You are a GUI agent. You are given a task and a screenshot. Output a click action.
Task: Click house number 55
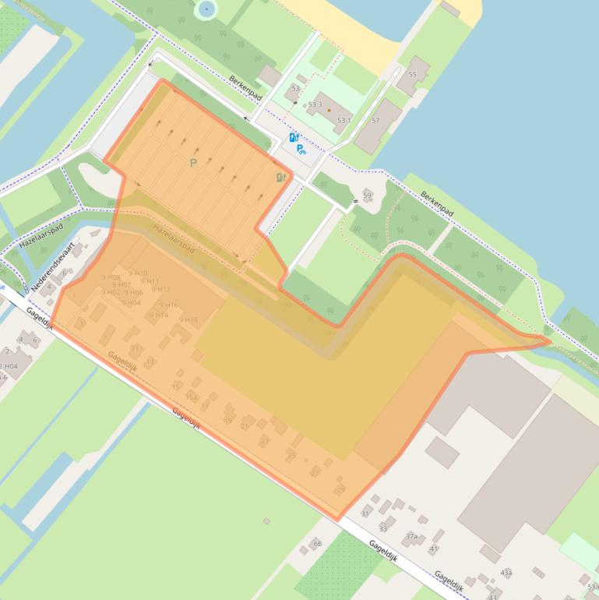tap(412, 75)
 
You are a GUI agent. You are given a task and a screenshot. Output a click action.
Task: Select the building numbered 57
tap(375, 121)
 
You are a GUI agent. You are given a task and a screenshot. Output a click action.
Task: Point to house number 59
tap(367, 195)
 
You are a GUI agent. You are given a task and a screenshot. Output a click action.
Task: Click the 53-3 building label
tap(315, 104)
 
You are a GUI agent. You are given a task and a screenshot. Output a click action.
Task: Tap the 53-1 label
tap(344, 120)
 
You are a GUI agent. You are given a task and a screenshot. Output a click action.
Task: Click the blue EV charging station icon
tap(294, 137)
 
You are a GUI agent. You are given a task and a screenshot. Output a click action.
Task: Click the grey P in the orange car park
tap(193, 163)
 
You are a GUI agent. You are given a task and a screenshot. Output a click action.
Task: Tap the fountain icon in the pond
tap(206, 9)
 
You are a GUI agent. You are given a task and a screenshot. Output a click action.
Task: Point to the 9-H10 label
tap(138, 273)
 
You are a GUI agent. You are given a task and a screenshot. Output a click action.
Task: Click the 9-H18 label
tap(189, 319)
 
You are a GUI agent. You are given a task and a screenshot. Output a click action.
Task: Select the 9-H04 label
tap(131, 302)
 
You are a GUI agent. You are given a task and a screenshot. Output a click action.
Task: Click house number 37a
tap(411, 536)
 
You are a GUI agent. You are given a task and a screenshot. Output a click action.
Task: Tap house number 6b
tap(317, 543)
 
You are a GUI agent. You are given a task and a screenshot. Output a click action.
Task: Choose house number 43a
tap(506, 573)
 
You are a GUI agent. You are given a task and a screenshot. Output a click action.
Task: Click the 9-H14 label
tap(157, 315)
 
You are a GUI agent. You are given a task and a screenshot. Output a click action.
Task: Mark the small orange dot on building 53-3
tap(329, 110)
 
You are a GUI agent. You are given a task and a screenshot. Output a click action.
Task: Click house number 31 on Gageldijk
tap(365, 514)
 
